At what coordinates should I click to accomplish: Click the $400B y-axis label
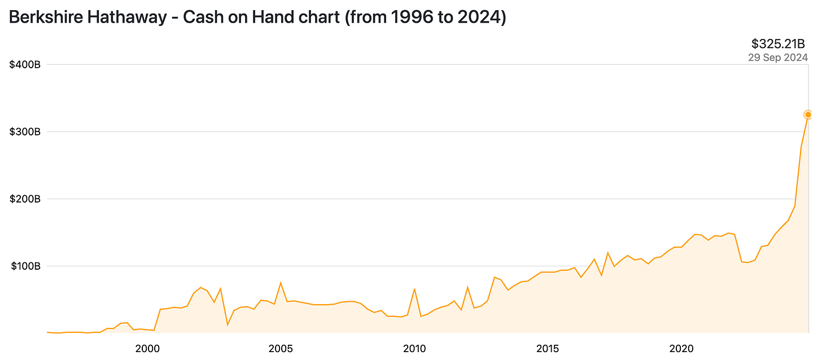[25, 64]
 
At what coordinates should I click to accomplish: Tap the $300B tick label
[25, 131]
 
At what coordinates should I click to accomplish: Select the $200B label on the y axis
[25, 199]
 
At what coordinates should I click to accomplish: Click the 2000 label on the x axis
[147, 349]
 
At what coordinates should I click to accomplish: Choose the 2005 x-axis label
[281, 349]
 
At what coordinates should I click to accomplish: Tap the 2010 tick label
[414, 349]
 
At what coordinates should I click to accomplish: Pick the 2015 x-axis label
[548, 349]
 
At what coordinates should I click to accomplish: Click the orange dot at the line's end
[808, 115]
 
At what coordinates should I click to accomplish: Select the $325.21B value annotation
[779, 43]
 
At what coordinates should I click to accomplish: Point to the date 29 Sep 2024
[778, 57]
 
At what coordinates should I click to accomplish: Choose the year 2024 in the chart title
[476, 17]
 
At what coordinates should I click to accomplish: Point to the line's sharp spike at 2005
[281, 283]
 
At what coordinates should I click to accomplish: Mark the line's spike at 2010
[414, 289]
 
